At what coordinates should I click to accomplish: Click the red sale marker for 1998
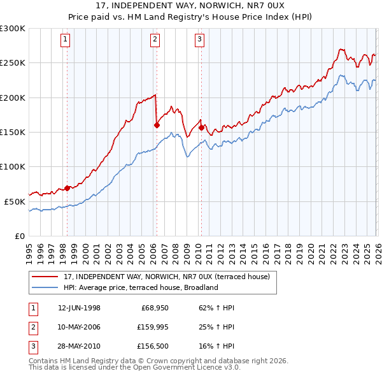click(67, 188)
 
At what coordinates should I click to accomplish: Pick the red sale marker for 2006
click(156, 126)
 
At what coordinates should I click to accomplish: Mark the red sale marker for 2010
click(201, 127)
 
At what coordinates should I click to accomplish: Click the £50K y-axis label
click(15, 201)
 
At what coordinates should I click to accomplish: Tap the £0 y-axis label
click(19, 236)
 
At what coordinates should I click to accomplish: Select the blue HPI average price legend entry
click(140, 287)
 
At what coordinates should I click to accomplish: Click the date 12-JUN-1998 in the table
click(79, 308)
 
